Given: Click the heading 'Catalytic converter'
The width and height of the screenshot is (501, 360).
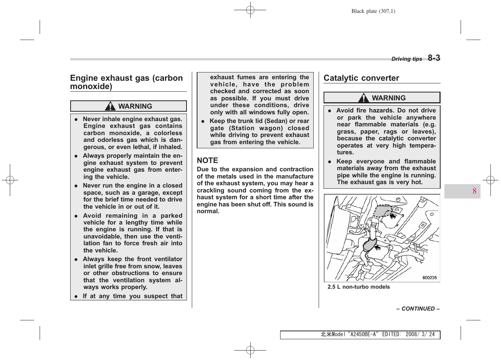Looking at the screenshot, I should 361,78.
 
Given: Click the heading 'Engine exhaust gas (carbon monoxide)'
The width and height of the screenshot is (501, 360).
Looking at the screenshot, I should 126,82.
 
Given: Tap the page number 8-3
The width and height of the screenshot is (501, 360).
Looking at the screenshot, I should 434,58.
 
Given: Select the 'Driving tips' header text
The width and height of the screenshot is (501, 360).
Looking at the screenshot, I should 407,59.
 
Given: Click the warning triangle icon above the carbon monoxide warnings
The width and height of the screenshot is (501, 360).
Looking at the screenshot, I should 110,106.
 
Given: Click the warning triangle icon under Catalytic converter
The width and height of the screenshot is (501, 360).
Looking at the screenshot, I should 364,98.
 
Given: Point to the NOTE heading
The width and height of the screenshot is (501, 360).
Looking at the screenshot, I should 207,160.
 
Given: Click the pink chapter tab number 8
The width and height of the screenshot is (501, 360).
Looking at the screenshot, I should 474,191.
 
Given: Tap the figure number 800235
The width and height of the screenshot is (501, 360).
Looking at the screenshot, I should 429,278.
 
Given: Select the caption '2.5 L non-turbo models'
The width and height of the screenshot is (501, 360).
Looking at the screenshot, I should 358,287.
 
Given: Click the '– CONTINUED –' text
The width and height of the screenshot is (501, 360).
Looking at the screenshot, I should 418,309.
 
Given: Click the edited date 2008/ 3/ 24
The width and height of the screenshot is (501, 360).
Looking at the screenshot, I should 420,334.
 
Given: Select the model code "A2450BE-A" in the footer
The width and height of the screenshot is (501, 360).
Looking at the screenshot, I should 363,334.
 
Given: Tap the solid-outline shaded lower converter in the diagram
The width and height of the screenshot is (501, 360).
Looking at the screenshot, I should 370,245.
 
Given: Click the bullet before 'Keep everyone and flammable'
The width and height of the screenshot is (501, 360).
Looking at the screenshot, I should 330,162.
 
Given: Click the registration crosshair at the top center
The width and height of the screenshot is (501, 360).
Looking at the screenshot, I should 250,10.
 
